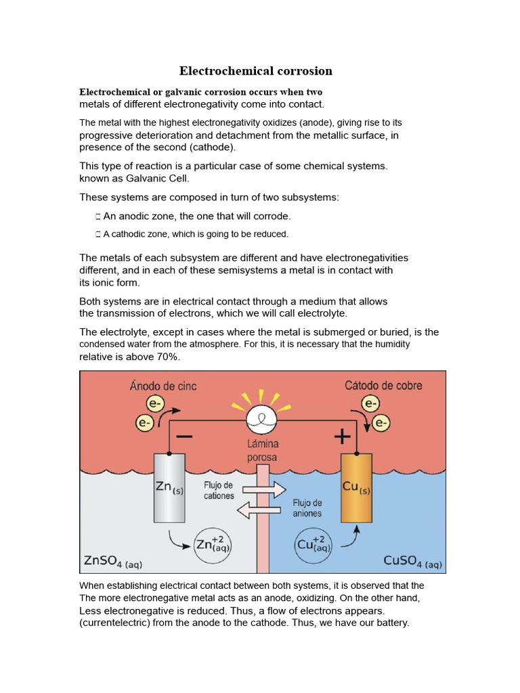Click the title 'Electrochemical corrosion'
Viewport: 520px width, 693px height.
pyautogui.click(x=255, y=71)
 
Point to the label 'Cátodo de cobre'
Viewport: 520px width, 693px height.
pyautogui.click(x=383, y=386)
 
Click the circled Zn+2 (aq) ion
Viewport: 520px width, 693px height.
pyautogui.click(x=213, y=544)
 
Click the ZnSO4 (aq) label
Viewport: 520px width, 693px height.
pyautogui.click(x=113, y=561)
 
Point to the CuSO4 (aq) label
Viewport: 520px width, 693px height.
pyautogui.click(x=412, y=561)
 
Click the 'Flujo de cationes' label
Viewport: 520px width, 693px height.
pyautogui.click(x=218, y=491)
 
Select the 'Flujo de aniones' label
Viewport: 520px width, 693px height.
pyautogui.click(x=307, y=508)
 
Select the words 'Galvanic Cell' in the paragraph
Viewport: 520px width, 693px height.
pyautogui.click(x=160, y=178)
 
